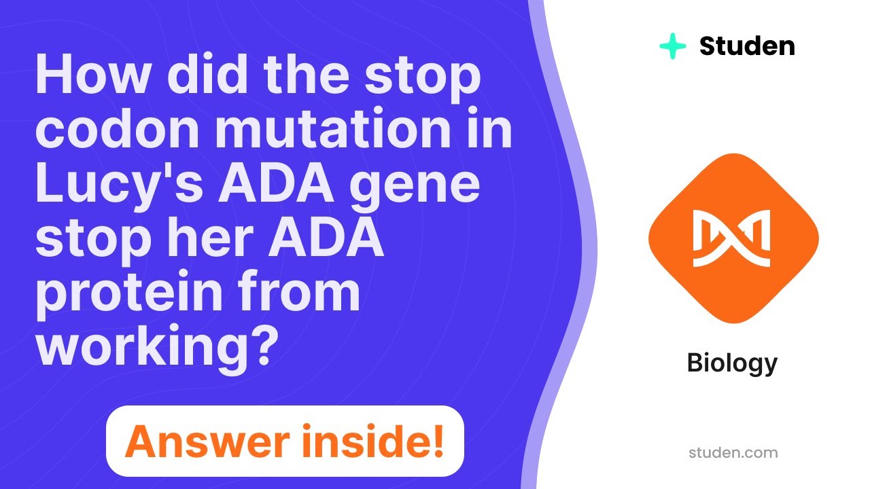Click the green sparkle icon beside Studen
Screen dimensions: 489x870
click(672, 46)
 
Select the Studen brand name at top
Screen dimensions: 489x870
click(747, 46)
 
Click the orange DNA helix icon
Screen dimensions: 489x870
click(733, 238)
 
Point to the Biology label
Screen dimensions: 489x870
click(732, 363)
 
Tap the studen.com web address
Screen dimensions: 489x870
click(733, 452)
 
